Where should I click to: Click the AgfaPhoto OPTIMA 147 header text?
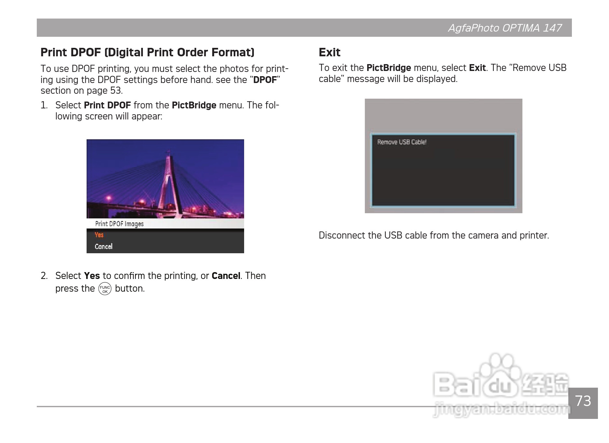(x=505, y=28)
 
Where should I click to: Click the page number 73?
(x=583, y=401)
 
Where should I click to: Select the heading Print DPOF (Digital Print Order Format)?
(x=147, y=52)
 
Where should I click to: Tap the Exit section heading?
(x=329, y=52)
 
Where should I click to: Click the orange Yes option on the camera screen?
(x=99, y=235)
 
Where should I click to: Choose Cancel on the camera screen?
(x=104, y=246)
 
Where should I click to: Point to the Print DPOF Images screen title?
(x=119, y=224)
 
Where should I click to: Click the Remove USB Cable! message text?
(x=402, y=142)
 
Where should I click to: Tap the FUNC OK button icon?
(x=105, y=289)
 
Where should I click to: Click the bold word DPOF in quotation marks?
(x=265, y=80)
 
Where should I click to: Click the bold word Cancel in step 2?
(x=226, y=276)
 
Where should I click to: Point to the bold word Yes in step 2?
(x=92, y=276)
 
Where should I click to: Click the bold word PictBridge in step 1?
(x=194, y=105)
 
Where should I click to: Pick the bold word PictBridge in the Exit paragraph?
(x=389, y=68)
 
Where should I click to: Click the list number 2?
(x=44, y=276)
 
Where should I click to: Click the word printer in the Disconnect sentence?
(x=534, y=236)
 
